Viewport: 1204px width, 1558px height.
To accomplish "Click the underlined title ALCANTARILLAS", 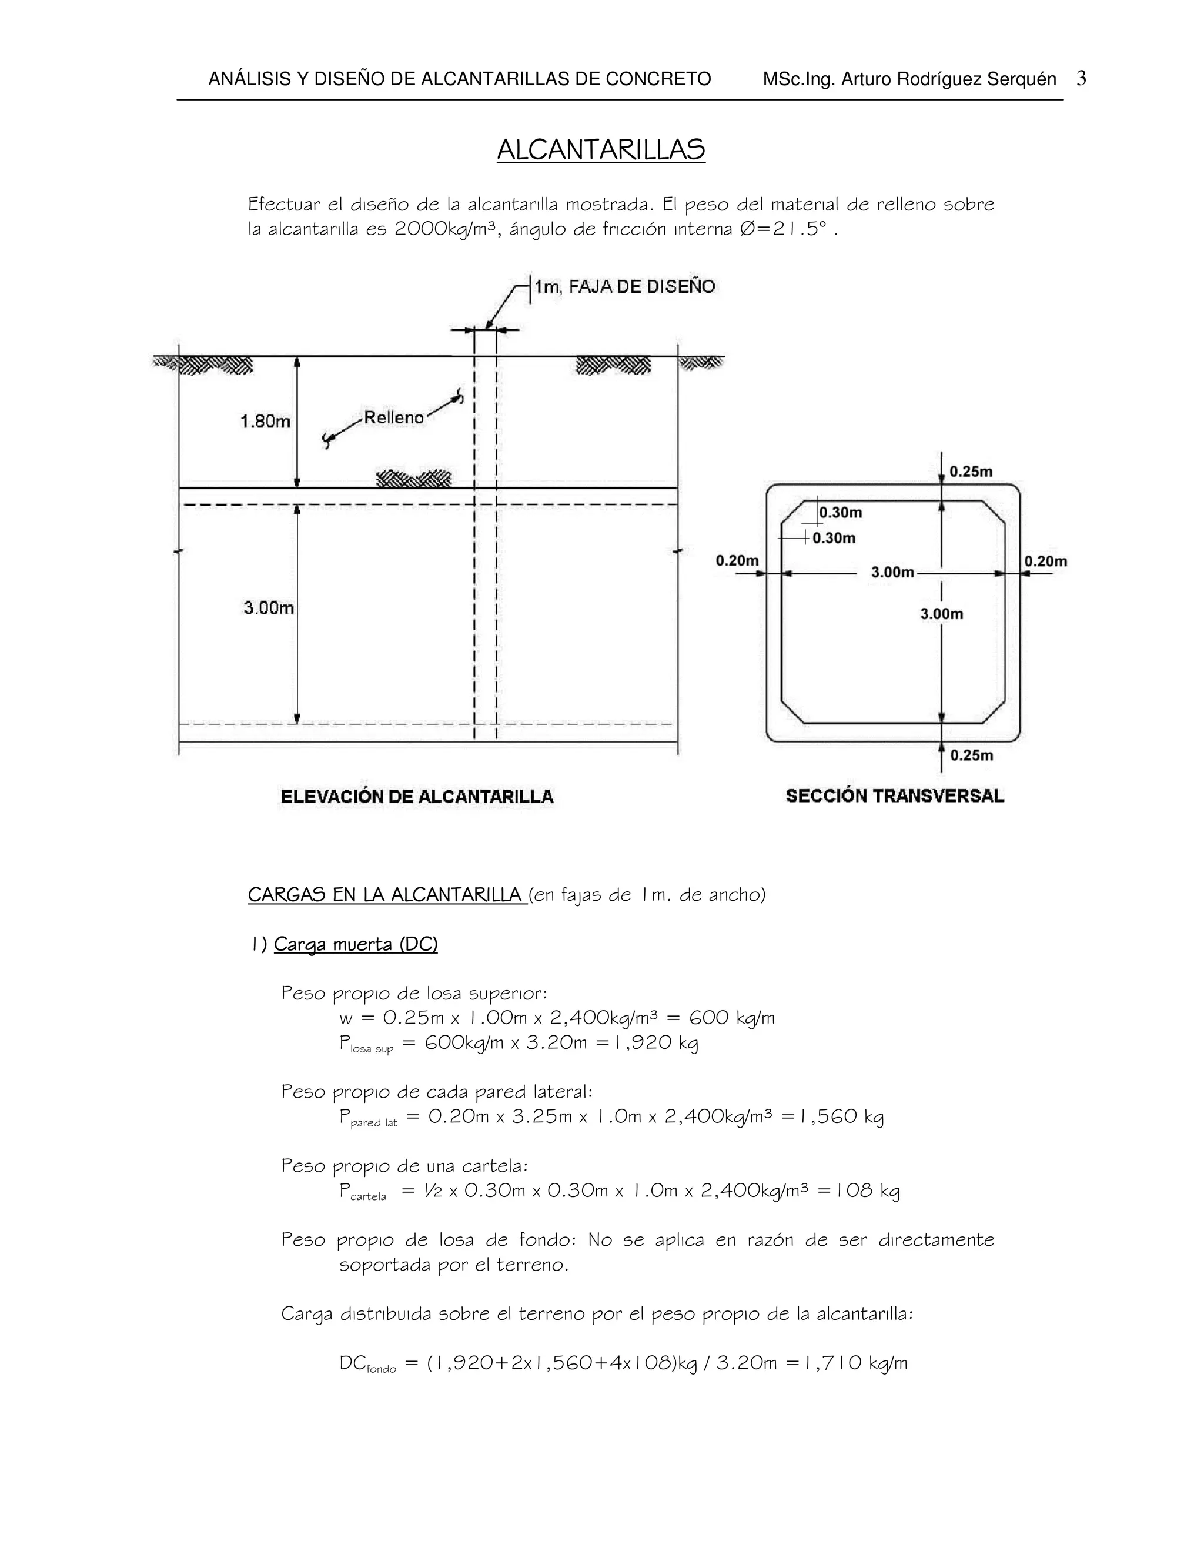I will (x=601, y=150).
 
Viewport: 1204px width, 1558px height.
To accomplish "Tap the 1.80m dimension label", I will (x=265, y=422).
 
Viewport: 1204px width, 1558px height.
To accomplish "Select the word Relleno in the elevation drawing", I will (x=394, y=417).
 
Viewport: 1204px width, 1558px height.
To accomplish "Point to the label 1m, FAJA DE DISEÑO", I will (x=625, y=287).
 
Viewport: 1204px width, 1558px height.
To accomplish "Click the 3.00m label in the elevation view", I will (x=268, y=608).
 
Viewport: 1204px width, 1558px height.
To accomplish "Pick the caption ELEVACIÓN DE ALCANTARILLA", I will (x=417, y=796).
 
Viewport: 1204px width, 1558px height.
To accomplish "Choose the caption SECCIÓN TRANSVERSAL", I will (x=894, y=795).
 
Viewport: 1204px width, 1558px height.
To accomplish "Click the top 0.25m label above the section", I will (x=971, y=472).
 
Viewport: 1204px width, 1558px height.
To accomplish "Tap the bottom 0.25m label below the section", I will (x=971, y=755).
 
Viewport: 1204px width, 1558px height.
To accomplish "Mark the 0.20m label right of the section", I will (x=1046, y=561).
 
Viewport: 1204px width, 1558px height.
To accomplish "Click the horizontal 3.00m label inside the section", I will (x=892, y=572).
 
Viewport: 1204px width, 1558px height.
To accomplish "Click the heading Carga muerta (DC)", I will (x=355, y=945).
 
